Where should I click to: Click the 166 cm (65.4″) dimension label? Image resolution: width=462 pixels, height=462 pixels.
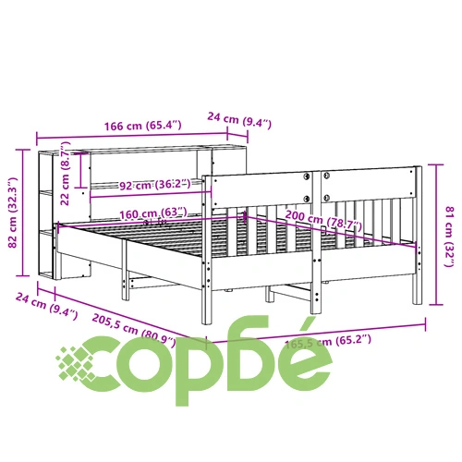coord(143,126)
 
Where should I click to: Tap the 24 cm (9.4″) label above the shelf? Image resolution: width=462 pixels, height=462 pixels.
coord(239,120)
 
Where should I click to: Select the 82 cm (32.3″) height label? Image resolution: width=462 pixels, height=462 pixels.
coord(13,213)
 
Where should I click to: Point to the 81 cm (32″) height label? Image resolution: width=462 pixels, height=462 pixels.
coord(450,237)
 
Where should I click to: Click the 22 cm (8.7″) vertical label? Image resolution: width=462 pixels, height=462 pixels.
coord(66,174)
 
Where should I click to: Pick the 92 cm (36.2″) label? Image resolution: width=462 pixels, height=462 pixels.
coord(155,185)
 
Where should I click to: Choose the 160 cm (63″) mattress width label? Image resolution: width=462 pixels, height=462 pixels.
coord(153,213)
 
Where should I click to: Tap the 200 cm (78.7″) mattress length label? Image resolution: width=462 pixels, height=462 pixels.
coord(323,220)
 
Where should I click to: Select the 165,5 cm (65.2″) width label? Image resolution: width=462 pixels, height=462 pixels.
coord(328,341)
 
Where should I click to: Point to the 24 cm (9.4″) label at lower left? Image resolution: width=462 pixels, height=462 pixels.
coord(46,306)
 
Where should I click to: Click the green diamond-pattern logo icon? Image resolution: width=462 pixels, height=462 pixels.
coord(76,364)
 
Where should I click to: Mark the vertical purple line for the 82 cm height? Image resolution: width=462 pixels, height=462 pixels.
coord(22,213)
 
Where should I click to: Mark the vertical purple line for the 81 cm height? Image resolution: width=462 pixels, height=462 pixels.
coord(436,235)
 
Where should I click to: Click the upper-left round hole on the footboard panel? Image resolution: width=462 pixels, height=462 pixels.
coord(307,176)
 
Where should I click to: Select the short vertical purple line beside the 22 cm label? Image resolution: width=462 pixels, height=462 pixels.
coord(80,170)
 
